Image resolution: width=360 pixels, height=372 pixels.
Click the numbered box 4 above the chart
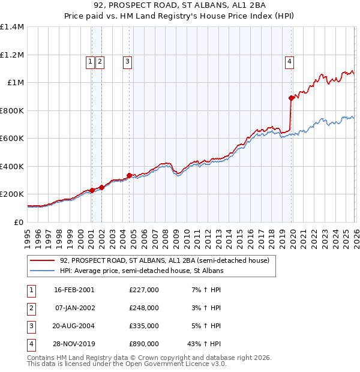click(289, 61)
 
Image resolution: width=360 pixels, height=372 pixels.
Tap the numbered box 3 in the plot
click(128, 61)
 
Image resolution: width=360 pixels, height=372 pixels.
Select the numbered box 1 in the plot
click(91, 61)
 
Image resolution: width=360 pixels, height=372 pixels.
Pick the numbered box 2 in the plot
click(100, 61)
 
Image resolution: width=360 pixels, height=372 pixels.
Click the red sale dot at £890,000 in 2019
click(291, 98)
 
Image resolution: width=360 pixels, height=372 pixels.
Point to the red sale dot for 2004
click(129, 175)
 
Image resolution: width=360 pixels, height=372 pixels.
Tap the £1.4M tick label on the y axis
click(11, 27)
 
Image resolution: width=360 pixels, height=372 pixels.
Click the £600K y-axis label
click(11, 139)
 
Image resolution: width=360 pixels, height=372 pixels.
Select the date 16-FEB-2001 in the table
click(74, 290)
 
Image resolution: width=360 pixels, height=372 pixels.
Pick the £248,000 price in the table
click(143, 308)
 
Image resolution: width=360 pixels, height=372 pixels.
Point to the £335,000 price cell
click(143, 326)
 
